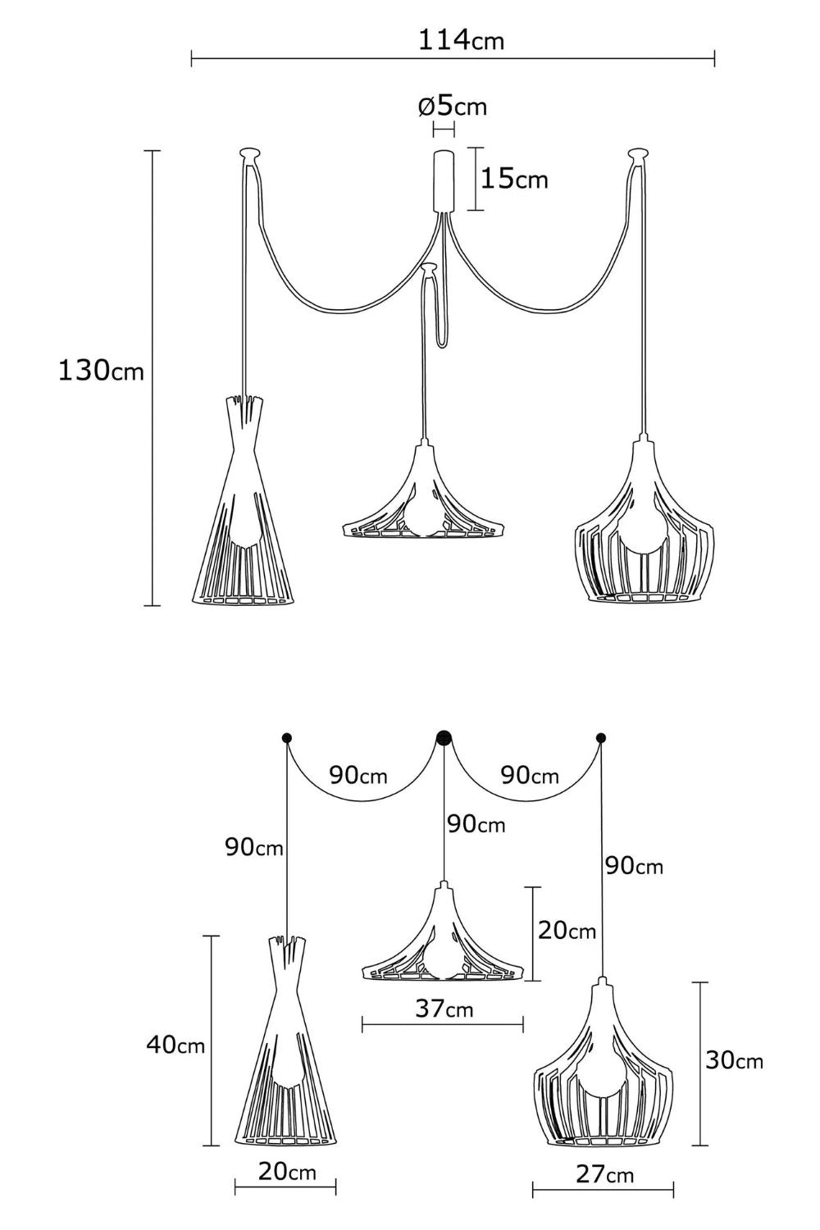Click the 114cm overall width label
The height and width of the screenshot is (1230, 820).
pyautogui.click(x=461, y=40)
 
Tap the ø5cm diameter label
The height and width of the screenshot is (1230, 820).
pyautogui.click(x=453, y=106)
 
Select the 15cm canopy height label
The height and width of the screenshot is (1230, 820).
pyautogui.click(x=514, y=179)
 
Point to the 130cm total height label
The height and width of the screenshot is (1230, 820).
pyautogui.click(x=101, y=371)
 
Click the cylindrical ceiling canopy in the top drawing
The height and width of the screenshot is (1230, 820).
pyautogui.click(x=444, y=181)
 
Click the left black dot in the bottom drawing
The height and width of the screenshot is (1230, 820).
pyautogui.click(x=287, y=737)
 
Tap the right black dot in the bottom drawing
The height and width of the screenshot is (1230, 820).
pyautogui.click(x=601, y=737)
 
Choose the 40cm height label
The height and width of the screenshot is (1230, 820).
pyautogui.click(x=175, y=1060)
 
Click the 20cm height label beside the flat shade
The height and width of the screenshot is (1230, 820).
pyautogui.click(x=567, y=930)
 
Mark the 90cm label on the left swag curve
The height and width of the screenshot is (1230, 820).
pyautogui.click(x=358, y=775)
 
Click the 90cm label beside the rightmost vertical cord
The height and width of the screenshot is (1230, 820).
pyautogui.click(x=634, y=866)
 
